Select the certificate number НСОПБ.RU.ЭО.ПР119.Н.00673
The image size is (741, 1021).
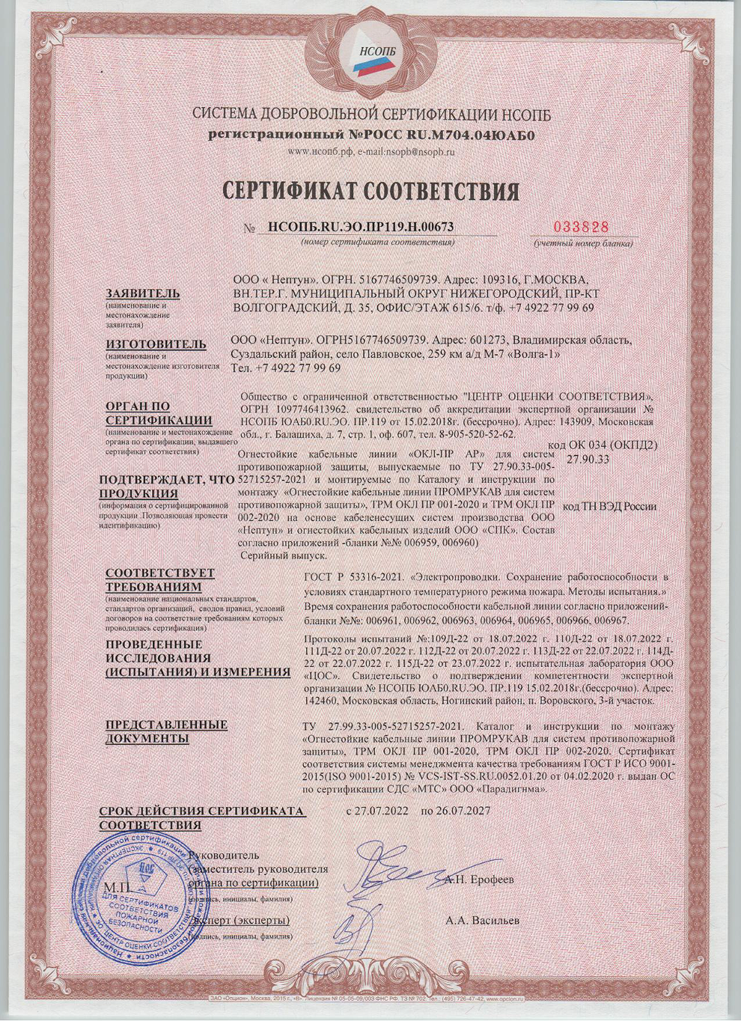(x=356, y=227)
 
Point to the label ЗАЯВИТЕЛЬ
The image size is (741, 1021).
(x=143, y=292)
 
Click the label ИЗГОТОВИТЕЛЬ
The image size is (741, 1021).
(x=156, y=344)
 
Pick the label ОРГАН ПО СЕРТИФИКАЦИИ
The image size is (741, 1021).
(x=158, y=412)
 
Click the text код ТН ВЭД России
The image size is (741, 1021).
(x=609, y=507)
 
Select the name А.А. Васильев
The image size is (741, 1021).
(x=482, y=920)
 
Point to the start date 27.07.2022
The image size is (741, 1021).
(x=376, y=811)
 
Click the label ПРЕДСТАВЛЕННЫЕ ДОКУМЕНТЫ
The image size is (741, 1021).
(x=166, y=731)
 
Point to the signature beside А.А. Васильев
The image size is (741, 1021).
(x=359, y=928)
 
